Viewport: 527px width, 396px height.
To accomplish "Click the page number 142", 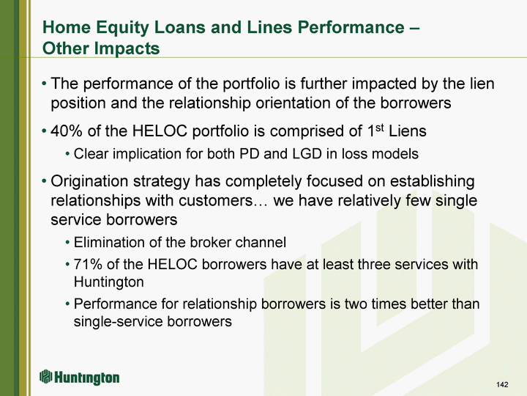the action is coord(502,384).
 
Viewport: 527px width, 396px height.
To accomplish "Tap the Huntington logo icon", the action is coord(45,376).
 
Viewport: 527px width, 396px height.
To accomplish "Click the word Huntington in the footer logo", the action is coord(86,378).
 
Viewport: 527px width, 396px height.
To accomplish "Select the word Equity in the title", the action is coord(122,28).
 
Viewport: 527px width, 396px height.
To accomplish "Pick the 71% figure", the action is coord(88,264).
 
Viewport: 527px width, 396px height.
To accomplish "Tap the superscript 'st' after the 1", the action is coord(379,128).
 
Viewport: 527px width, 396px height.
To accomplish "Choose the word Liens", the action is coord(408,131).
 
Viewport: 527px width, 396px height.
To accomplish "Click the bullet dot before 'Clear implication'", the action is coord(67,154).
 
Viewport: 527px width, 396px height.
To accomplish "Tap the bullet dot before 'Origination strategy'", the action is coord(44,182).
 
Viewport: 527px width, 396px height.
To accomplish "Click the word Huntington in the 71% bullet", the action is coord(108,282).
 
